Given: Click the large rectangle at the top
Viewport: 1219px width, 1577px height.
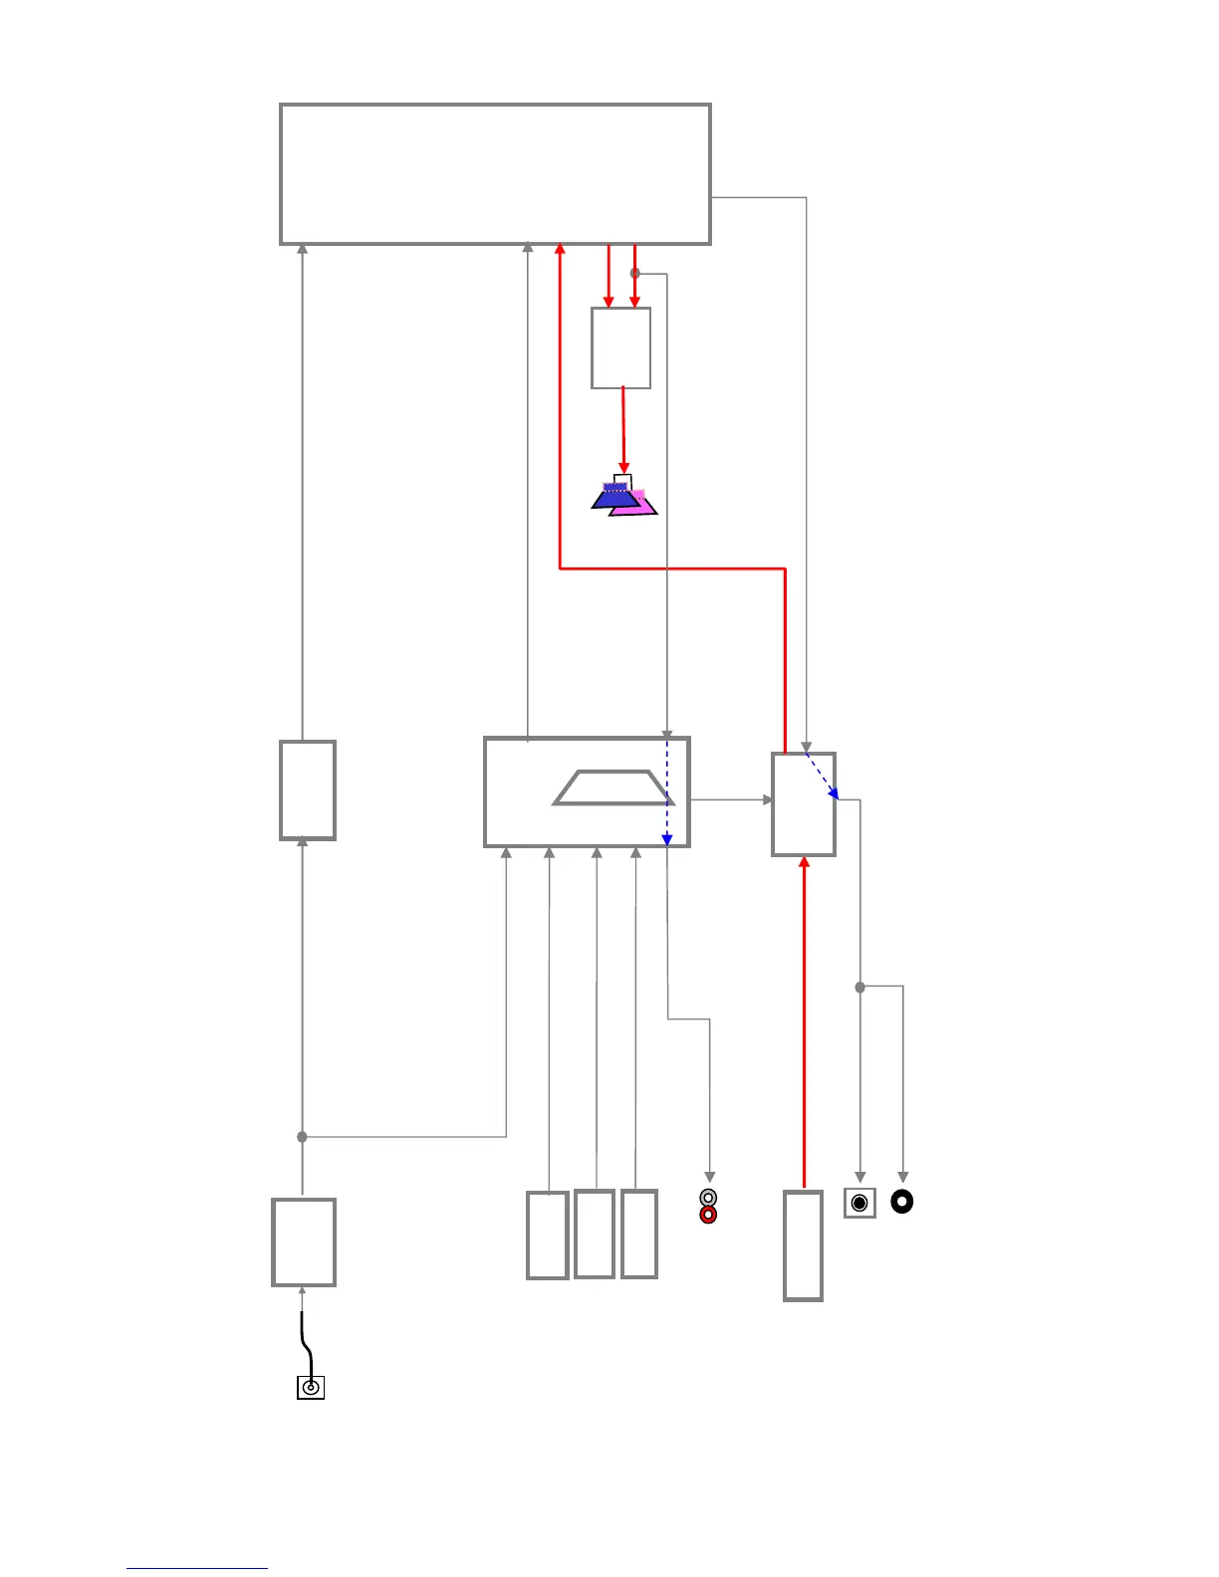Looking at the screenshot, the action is (495, 173).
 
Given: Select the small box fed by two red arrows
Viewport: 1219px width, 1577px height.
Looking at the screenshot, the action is (620, 347).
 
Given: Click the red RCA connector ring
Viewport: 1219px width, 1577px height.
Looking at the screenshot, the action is (708, 1216).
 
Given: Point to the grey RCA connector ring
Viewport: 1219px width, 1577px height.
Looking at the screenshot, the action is (708, 1198).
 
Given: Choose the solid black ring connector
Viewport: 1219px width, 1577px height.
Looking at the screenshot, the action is (901, 1202).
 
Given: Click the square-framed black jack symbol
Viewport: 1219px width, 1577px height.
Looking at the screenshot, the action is (859, 1203).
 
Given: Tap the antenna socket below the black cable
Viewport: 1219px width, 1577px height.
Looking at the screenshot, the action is (311, 1387).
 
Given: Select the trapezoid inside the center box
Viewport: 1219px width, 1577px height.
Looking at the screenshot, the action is (612, 788).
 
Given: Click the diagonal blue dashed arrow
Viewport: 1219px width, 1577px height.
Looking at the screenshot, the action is (822, 776).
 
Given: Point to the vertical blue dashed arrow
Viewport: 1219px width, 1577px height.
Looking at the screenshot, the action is (667, 791).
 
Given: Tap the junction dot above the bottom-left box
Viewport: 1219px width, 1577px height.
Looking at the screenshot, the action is (302, 1136).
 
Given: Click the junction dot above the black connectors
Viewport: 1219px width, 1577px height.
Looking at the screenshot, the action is (860, 987).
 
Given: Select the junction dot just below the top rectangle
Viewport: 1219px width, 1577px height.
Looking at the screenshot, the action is (635, 273).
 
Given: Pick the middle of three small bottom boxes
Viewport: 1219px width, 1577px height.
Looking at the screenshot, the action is (594, 1234).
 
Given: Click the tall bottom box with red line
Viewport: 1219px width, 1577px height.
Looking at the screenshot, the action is (803, 1245).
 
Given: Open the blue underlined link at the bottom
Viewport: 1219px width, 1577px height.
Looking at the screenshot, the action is (197, 1568).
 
